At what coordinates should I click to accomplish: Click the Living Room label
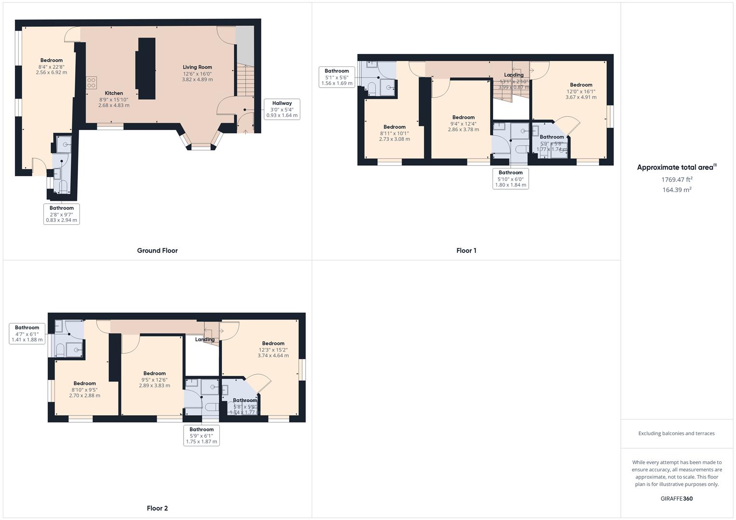click(197, 67)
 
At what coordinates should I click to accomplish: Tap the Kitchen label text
click(114, 93)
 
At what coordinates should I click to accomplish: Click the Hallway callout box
click(282, 109)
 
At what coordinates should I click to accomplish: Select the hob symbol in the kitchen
click(92, 82)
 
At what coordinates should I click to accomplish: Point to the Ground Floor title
click(157, 250)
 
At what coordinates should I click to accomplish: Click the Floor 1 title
click(466, 250)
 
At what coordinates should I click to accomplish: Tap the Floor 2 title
click(157, 508)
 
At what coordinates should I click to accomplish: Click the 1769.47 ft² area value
click(677, 180)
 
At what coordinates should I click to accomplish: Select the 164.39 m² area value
click(677, 190)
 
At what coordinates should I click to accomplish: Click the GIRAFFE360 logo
click(676, 498)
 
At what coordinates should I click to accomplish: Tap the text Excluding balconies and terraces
click(676, 433)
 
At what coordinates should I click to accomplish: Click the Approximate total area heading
click(676, 168)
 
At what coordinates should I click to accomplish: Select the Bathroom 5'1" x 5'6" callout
click(336, 77)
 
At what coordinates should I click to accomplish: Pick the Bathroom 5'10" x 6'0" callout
click(510, 179)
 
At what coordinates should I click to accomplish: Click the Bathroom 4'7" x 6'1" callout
click(27, 334)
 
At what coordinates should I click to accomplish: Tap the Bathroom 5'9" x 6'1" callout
click(201, 435)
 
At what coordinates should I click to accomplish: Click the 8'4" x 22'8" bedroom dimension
click(51, 67)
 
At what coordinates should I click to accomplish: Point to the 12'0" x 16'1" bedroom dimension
click(581, 91)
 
